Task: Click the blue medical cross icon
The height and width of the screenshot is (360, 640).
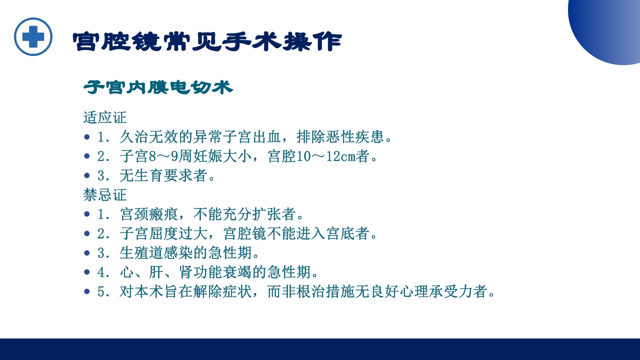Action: coord(33,36)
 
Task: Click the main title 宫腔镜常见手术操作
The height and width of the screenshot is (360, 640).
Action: coord(207,42)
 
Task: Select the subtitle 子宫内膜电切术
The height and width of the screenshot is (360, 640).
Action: coord(158,87)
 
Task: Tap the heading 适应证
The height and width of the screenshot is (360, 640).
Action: coord(105,117)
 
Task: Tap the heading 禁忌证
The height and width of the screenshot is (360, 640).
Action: coord(105,194)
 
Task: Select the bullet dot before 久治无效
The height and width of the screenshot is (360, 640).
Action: coord(87,136)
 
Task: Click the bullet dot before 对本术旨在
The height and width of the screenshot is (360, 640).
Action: coord(87,291)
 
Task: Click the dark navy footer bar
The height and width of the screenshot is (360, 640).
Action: coord(320,349)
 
